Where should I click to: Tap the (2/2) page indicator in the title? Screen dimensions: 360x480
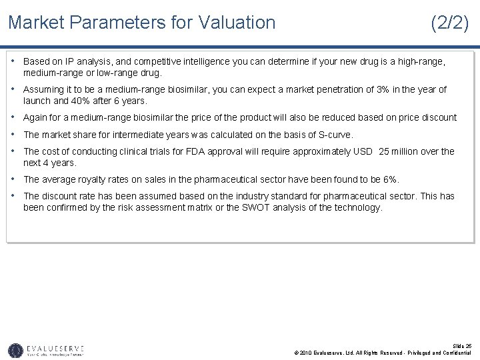click(x=449, y=23)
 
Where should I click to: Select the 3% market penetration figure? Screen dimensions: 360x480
click(x=383, y=89)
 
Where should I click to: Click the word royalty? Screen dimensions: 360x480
click(x=78, y=179)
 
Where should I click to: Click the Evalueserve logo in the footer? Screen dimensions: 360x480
click(x=46, y=349)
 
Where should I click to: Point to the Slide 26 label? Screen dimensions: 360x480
click(x=461, y=345)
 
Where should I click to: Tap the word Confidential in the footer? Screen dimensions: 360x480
click(x=453, y=353)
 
